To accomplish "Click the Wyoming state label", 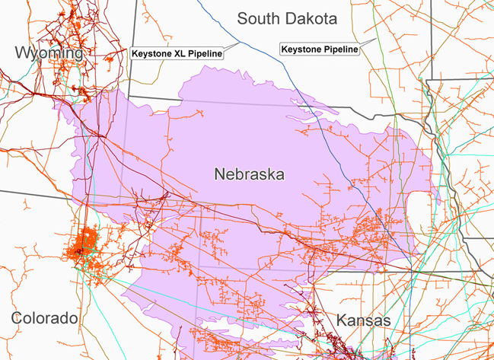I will (47, 53).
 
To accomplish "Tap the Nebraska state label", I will (249, 175).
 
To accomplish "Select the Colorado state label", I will (45, 317).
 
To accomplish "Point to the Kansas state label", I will (364, 320).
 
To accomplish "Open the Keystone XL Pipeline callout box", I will (177, 54).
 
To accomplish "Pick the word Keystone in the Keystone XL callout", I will (152, 54).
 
